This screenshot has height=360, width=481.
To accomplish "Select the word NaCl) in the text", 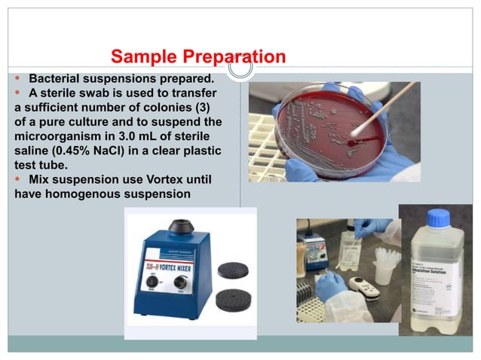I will click(118, 151).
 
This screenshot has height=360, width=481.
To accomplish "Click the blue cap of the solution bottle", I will click(438, 218).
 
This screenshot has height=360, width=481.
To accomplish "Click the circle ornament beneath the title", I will click(240, 68).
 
